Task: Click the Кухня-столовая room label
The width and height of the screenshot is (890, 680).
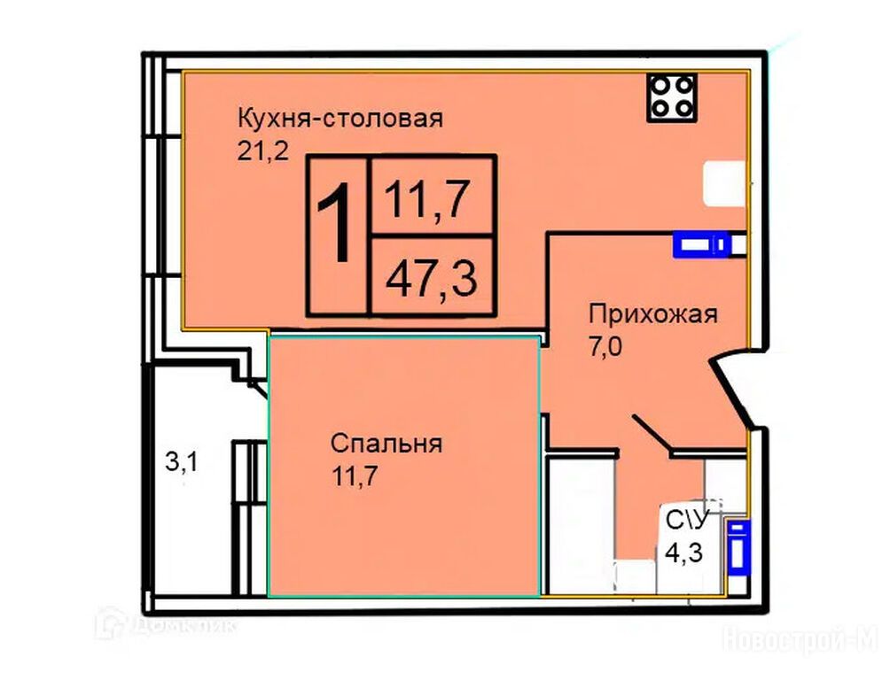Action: coord(340,119)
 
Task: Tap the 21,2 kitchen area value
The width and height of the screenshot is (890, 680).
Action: coord(262,151)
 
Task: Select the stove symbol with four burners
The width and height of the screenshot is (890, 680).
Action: coord(672,97)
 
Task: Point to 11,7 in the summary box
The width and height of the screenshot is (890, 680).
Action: coord(427,199)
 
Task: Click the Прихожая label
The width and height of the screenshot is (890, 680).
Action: coord(653,313)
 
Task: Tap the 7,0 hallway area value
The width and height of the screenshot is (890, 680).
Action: coord(605,346)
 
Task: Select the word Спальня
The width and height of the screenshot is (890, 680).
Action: coord(386,443)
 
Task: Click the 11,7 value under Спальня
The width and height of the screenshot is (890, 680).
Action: coord(355,475)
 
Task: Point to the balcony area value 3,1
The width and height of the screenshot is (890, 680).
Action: coord(182,462)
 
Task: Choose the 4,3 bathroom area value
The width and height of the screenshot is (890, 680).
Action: coord(684,552)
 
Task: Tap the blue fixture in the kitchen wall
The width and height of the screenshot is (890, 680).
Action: coord(701,244)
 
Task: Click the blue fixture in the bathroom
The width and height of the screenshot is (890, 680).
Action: coord(738,547)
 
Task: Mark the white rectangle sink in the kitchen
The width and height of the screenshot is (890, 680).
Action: coord(724,183)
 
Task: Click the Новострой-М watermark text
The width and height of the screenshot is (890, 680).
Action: coord(800,639)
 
